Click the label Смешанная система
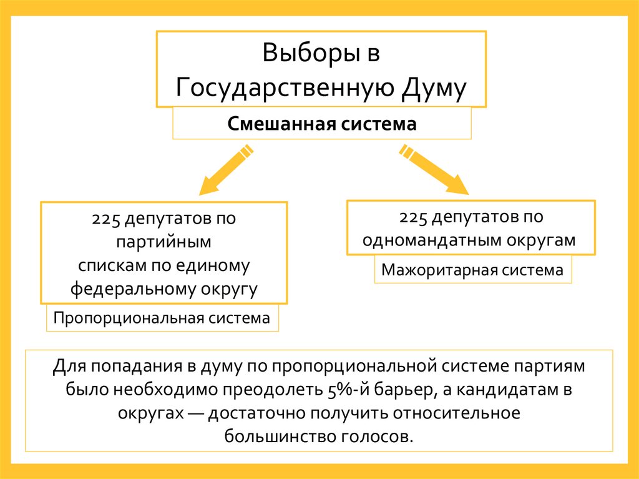pos(321,124)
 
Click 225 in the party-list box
pos(105,220)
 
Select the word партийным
pos(164,242)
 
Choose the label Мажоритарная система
pos(472,271)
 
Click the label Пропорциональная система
pos(162,318)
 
